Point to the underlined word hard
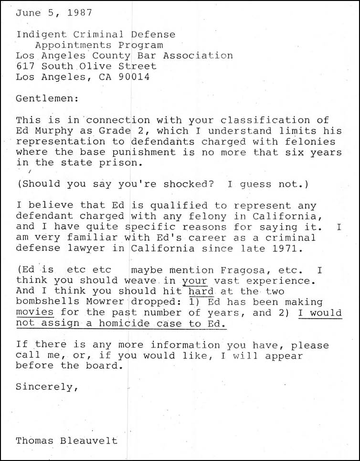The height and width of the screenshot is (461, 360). coord(201,291)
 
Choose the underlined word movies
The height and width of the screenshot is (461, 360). coord(35,313)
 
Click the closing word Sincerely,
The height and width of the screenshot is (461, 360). coord(46,387)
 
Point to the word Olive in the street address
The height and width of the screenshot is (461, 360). coord(95,66)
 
